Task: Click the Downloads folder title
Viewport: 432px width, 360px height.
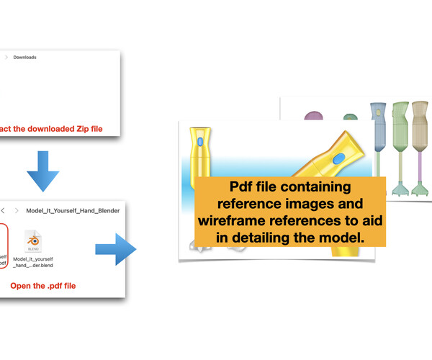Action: pos(24,57)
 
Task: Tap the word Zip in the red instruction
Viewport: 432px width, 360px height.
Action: pos(75,127)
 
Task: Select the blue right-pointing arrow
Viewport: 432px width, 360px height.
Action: pos(115,250)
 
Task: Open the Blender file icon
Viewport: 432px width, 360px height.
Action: pos(34,240)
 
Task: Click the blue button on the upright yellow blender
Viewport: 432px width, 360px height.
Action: pos(199,143)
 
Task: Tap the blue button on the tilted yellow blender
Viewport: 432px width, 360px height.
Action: pos(338,158)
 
